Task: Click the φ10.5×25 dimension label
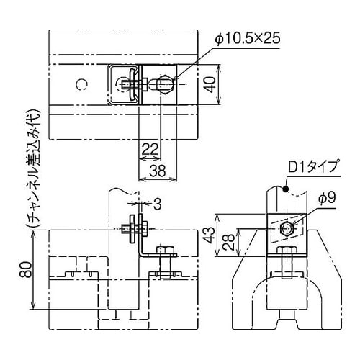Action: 247,38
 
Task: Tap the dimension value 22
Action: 150,148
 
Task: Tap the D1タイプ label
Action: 312,168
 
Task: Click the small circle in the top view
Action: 83,85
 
